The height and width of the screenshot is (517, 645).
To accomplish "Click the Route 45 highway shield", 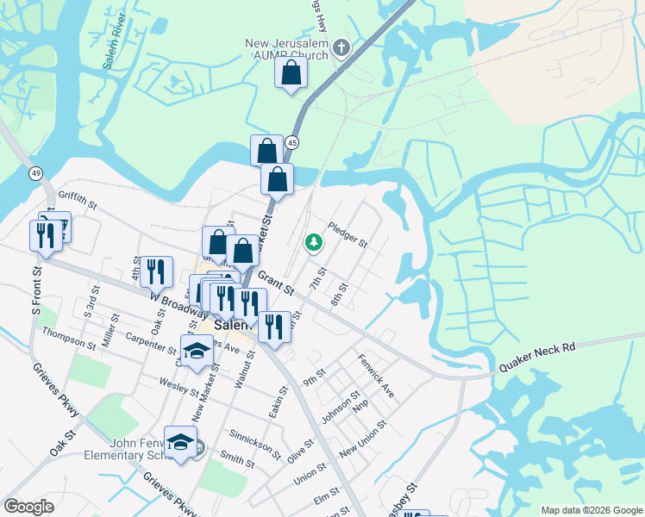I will pos(293,142).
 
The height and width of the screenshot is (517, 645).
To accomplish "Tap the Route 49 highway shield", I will pos(35,174).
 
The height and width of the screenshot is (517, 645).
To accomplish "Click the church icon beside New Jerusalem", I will pos(342,47).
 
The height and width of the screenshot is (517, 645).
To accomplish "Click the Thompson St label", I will pos(69,338).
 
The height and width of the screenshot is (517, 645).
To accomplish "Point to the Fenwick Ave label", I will pos(376,376).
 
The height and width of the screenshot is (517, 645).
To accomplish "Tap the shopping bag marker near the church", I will pos(291,73).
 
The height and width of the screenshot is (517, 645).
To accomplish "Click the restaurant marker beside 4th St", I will pos(156,271).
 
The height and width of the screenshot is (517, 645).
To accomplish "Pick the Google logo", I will pos(28,507).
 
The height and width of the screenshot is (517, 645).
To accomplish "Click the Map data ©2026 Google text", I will pos(591,510).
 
